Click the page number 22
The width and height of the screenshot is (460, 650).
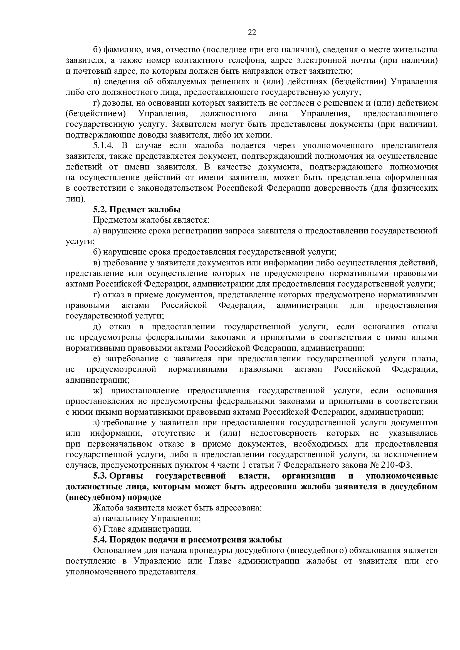coord(252,33)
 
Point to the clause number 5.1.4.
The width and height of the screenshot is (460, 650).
coord(103,146)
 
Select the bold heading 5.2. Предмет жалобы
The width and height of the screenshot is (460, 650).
coord(137,210)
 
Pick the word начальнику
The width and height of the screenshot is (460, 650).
coord(125,518)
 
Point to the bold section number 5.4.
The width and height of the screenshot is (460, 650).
coord(100,540)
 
